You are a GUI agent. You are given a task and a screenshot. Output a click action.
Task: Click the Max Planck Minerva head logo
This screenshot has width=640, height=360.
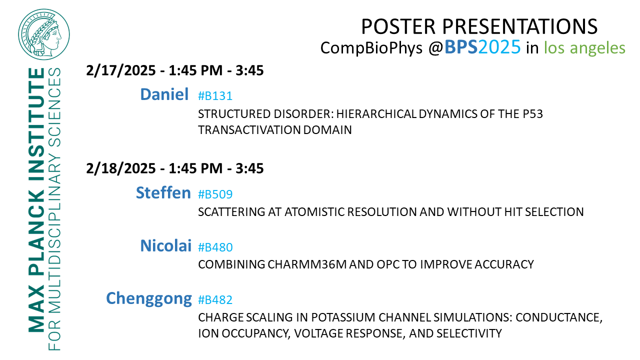click(44, 34)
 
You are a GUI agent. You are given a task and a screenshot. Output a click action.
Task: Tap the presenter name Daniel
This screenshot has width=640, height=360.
click(164, 94)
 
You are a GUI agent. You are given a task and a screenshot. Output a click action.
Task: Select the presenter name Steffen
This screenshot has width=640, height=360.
click(163, 192)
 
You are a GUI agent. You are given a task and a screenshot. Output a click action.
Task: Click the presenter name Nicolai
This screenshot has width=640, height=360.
click(165, 245)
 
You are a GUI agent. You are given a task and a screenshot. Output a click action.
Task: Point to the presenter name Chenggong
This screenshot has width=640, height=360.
click(149, 299)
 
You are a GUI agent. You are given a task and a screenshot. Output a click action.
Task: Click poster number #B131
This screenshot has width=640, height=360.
click(215, 95)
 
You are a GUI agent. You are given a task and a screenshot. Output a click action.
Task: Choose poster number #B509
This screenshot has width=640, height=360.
click(215, 194)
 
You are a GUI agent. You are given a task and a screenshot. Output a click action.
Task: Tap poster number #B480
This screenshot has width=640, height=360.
click(215, 247)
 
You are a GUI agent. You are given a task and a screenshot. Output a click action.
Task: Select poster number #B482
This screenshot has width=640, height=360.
click(215, 299)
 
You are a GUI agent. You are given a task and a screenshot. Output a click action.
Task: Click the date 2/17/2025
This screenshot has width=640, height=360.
click(120, 70)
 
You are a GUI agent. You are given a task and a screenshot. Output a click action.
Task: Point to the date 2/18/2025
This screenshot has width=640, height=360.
click(120, 168)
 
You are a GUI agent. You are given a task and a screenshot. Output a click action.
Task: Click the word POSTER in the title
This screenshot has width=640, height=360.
click(399, 26)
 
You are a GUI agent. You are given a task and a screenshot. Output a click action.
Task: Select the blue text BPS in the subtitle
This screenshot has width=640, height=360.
click(461, 47)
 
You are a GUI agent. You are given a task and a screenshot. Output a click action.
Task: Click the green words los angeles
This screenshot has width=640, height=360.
click(584, 48)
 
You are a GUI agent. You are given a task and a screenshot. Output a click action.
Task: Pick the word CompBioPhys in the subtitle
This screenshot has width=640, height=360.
click(371, 48)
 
